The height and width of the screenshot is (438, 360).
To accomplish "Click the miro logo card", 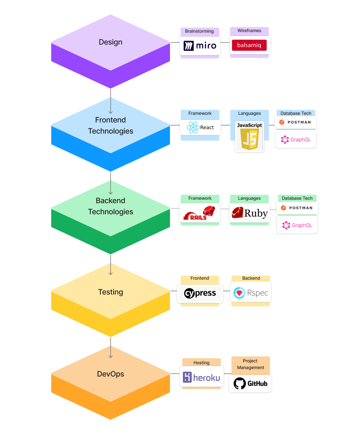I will pyautogui.click(x=200, y=46).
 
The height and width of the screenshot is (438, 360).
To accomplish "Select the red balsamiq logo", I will pyautogui.click(x=249, y=45).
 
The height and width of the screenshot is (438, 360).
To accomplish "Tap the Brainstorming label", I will pyautogui.click(x=199, y=31).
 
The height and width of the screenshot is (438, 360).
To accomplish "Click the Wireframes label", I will pyautogui.click(x=249, y=31).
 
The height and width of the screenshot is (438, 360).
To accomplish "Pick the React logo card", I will pyautogui.click(x=200, y=127).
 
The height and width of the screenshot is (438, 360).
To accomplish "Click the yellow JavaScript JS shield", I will pyautogui.click(x=249, y=139).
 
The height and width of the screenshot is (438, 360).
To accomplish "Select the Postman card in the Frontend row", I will pyautogui.click(x=296, y=122).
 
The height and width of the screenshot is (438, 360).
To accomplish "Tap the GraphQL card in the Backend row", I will pyautogui.click(x=297, y=225).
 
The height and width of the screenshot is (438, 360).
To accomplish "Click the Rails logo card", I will pyautogui.click(x=200, y=213).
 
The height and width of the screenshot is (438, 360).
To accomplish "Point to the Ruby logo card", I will pyautogui.click(x=249, y=213).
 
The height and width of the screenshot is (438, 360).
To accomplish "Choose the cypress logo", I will pyautogui.click(x=200, y=294).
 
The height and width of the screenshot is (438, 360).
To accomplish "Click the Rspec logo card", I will pyautogui.click(x=251, y=293).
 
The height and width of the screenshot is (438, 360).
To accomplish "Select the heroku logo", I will pyautogui.click(x=202, y=377).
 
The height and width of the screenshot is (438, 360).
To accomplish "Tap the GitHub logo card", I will pyautogui.click(x=250, y=384).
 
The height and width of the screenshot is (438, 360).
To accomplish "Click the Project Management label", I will pyautogui.click(x=251, y=364).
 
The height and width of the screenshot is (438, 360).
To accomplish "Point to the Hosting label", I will pyautogui.click(x=202, y=363).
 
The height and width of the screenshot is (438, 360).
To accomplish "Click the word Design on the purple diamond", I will pyautogui.click(x=111, y=42).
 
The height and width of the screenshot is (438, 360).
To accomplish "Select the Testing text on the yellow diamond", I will pyautogui.click(x=111, y=292).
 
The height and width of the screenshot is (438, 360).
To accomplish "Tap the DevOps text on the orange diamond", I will pyautogui.click(x=111, y=374).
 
